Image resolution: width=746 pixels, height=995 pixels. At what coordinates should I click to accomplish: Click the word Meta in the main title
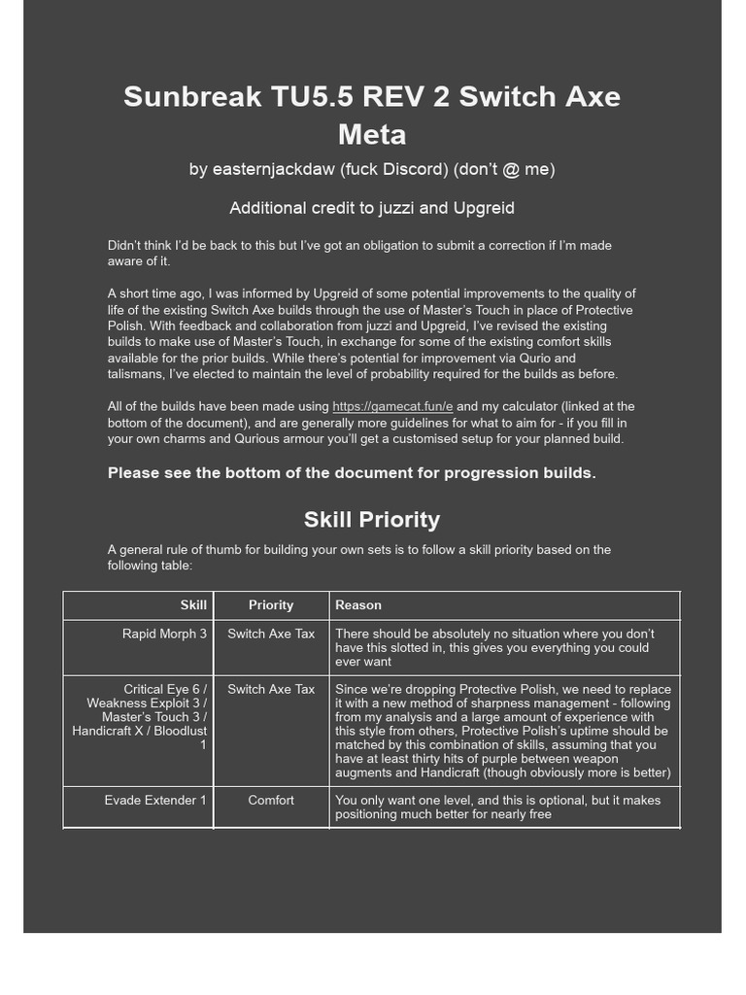coord(372,134)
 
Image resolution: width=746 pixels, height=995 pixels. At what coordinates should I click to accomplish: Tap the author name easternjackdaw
coord(273,169)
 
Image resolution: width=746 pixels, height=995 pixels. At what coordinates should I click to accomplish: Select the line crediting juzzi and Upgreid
coord(372,208)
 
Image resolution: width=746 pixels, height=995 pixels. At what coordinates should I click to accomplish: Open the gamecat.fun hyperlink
coord(392,406)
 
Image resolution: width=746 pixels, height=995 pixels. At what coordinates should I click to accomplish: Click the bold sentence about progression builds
coord(352,473)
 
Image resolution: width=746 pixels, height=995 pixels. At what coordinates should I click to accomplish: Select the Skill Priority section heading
coord(372,519)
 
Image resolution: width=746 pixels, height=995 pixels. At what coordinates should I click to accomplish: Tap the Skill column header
coord(193,604)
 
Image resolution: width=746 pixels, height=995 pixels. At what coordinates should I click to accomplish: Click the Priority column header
coord(271,604)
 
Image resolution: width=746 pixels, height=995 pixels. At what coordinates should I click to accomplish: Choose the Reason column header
coord(358,604)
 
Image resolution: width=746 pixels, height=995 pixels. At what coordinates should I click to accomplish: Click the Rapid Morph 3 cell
coord(164,634)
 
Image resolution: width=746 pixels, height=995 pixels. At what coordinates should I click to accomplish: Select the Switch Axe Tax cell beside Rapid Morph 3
coord(271,634)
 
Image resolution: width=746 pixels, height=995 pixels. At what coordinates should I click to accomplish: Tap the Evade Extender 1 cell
coord(155,800)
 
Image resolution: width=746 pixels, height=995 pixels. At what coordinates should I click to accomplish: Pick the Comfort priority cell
coord(271,800)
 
